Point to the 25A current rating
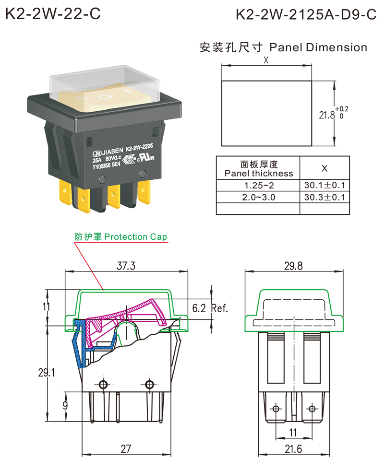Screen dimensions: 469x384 (x=96, y=160)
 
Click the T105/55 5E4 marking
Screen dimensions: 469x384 (x=108, y=167)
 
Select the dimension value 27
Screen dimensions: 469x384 (x=126, y=449)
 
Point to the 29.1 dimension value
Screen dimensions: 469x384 (x=48, y=372)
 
